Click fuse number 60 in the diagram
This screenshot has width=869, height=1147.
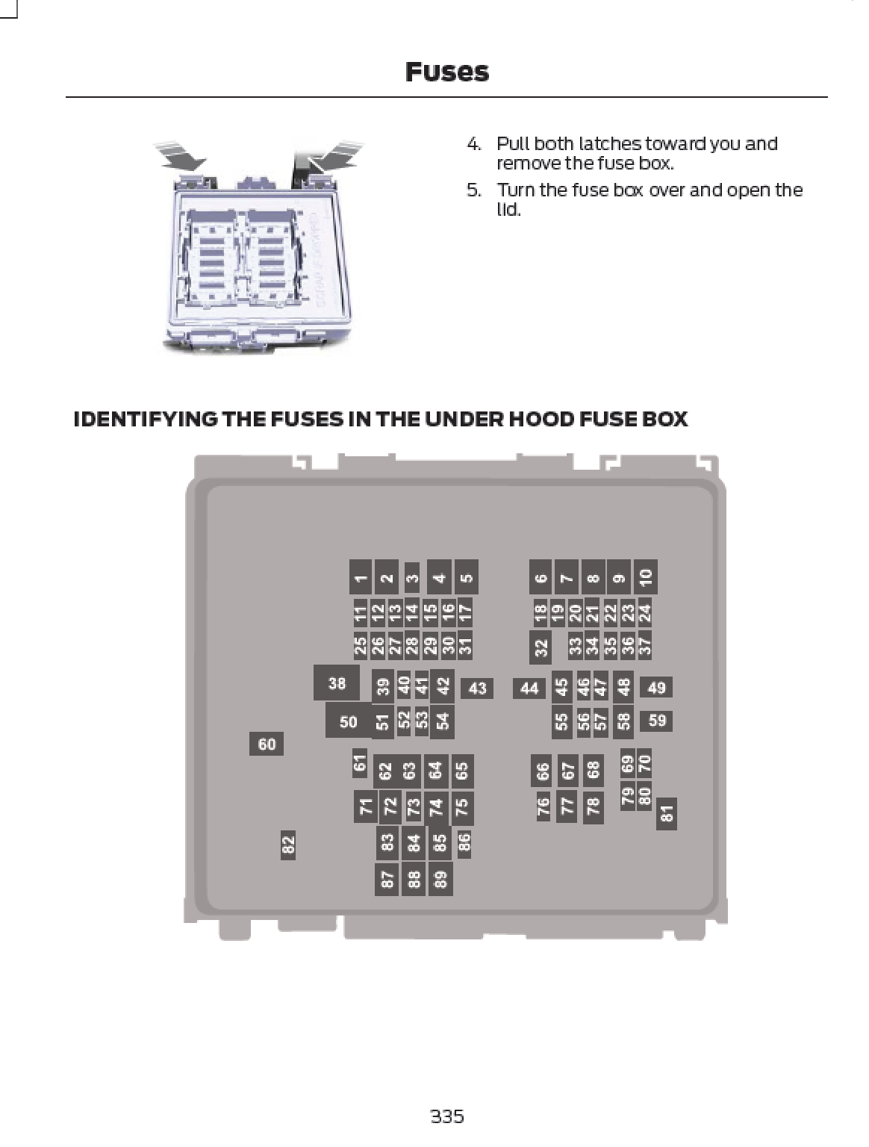(267, 744)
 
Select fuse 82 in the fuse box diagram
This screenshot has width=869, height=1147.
(287, 845)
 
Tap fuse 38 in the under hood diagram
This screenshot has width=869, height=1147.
(336, 683)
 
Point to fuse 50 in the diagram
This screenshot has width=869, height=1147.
(349, 721)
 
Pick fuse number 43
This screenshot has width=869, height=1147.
(477, 688)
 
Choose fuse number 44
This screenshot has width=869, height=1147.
(529, 688)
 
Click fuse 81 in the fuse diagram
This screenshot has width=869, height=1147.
(667, 814)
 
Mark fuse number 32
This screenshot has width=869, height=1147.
(540, 647)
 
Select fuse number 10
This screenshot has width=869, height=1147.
(646, 577)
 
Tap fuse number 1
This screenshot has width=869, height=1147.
(361, 577)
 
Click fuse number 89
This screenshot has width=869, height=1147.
(440, 879)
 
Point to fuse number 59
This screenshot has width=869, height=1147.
(656, 721)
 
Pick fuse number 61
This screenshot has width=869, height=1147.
(359, 763)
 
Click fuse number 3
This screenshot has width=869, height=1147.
(412, 579)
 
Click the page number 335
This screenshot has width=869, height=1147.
(447, 1116)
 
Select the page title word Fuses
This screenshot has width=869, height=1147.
(447, 72)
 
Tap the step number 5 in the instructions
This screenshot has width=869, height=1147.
(473, 190)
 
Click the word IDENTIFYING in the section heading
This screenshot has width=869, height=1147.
(145, 419)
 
